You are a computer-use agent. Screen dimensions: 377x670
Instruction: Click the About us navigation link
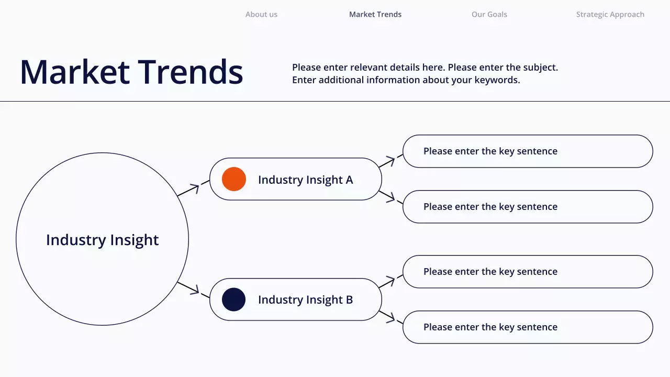(261, 15)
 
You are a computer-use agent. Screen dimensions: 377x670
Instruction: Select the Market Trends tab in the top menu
(375, 15)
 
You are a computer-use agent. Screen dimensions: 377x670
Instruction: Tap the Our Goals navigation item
(489, 15)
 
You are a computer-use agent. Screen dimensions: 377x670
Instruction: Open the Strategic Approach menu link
(610, 15)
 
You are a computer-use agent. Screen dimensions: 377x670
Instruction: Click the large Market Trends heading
(131, 72)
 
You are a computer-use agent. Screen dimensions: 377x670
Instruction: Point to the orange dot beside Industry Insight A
(234, 179)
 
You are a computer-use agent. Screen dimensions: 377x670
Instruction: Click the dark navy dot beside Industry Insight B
(234, 300)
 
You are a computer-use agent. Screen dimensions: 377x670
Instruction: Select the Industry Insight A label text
(305, 180)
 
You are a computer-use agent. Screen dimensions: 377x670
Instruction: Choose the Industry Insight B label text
(305, 300)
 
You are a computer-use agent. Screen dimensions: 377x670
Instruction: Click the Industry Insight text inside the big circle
(102, 240)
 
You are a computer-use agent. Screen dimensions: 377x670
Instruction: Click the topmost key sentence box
(528, 151)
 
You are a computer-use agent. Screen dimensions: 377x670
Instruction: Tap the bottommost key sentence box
(528, 327)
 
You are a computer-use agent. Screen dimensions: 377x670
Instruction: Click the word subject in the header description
(540, 68)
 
